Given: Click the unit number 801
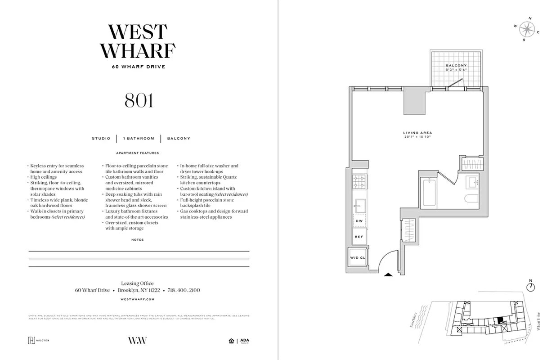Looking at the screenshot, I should pos(139,100).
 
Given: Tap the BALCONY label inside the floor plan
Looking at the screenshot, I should pos(456,66).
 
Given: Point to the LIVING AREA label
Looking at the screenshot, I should pos(417,133).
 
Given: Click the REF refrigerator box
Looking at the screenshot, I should pos(359,236).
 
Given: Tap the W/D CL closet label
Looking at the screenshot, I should pos(358,258).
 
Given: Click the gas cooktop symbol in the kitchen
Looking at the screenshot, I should pos(360,181).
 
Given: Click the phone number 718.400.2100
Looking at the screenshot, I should pos(184,290).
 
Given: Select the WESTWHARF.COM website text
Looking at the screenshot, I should pos(138,299).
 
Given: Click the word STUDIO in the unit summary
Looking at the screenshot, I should pos(101,139).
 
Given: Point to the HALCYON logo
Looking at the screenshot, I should pos(39,340).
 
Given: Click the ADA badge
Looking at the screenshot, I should pos(244,341).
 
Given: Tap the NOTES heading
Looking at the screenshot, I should pos(138,240).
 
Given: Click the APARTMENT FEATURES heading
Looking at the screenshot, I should pos(138,153).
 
